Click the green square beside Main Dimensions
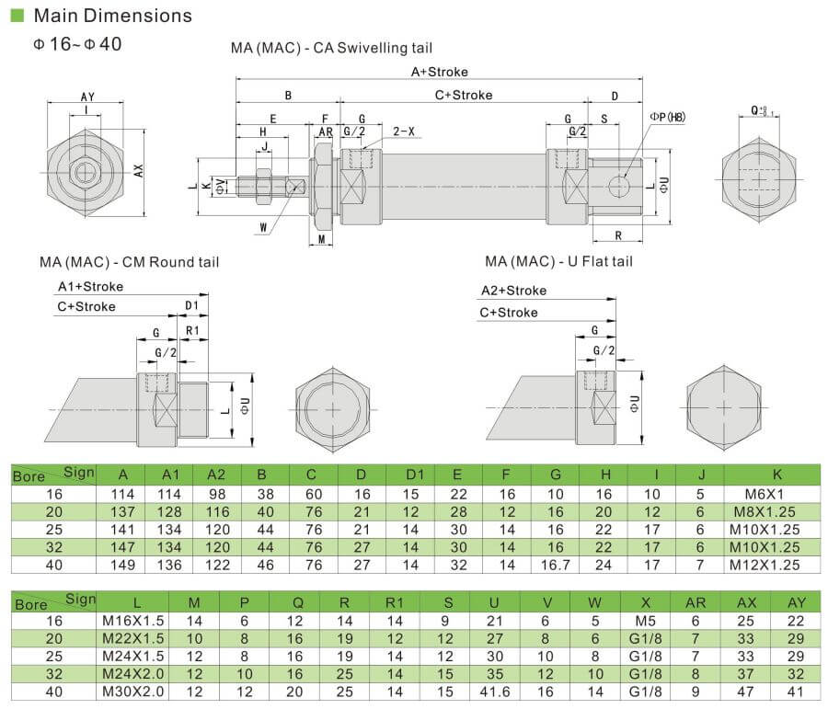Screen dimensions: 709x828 tap(17, 16)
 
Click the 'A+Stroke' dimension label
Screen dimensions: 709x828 tap(440, 72)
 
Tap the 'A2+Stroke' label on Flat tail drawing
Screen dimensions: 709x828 tap(513, 291)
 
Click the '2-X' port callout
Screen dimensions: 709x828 tap(404, 132)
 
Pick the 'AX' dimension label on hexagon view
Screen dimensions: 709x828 tap(139, 170)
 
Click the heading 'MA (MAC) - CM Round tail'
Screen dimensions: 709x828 tap(129, 262)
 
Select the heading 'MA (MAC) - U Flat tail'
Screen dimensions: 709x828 tap(559, 262)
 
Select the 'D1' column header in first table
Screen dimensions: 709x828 tap(415, 475)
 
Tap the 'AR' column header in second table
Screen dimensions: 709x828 tap(696, 602)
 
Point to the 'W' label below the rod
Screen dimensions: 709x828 tap(263, 227)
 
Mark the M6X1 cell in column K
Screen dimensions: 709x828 tap(777, 493)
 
